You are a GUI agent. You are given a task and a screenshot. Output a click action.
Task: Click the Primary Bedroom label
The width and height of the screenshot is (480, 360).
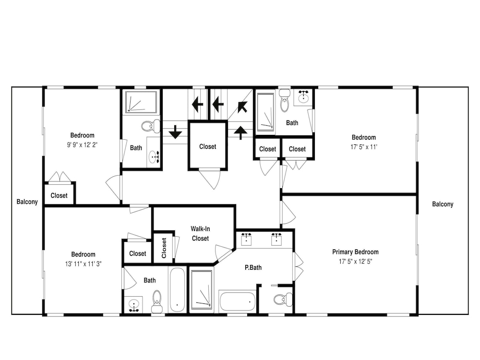[355, 252]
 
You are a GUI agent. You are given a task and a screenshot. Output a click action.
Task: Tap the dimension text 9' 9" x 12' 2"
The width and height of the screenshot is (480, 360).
[82, 145]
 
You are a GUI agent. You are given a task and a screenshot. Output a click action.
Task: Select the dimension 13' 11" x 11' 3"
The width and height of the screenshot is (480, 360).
[83, 264]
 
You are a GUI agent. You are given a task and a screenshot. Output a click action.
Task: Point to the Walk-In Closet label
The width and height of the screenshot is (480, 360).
[200, 233]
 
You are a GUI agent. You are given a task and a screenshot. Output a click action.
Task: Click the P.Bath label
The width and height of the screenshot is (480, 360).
[253, 267]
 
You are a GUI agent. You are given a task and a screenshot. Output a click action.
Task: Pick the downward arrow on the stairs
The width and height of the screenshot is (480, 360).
[175, 132]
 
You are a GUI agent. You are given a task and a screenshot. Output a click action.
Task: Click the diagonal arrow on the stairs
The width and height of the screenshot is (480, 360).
[242, 107]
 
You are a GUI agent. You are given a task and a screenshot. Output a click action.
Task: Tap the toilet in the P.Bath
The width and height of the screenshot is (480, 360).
[283, 299]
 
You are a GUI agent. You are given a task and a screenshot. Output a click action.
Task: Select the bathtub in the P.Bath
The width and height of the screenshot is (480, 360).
[237, 302]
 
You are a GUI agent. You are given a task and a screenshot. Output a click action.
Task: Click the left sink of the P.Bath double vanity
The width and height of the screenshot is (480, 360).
[246, 240]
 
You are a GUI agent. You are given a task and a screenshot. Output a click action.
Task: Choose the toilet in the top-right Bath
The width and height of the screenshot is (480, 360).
[284, 101]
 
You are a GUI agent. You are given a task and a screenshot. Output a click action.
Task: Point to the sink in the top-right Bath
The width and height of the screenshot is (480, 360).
[303, 96]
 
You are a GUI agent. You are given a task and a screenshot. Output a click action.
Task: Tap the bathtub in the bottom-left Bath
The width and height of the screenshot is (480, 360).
[177, 290]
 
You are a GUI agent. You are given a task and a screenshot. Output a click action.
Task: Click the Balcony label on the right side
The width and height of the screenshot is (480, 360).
[443, 204]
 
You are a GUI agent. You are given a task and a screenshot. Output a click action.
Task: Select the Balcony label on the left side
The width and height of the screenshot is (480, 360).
[27, 202]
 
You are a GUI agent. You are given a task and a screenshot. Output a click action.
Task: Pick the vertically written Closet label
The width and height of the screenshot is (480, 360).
[164, 248]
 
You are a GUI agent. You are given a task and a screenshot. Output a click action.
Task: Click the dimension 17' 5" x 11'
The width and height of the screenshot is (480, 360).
[364, 147]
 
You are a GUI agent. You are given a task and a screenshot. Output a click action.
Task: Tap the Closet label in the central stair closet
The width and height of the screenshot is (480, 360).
[207, 146]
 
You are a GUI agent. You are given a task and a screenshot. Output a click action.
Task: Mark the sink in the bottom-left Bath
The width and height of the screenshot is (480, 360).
[134, 305]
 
